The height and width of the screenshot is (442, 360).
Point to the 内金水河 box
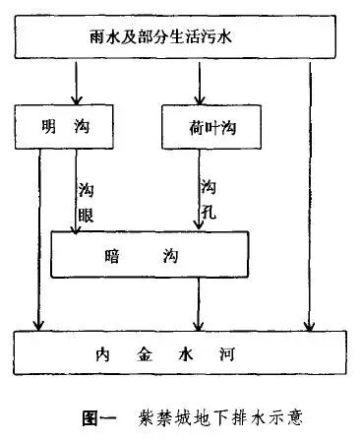pyautogui.click(x=180, y=352)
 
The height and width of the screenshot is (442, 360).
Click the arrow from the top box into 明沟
pyautogui.click(x=77, y=83)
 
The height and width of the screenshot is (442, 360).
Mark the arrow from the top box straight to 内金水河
pyautogui.click(x=309, y=197)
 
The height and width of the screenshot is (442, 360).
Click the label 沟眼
pyautogui.click(x=87, y=201)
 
